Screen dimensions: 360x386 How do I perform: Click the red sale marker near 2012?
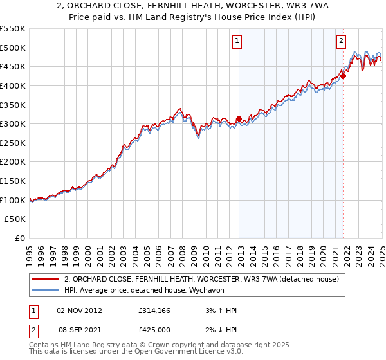click(x=239, y=118)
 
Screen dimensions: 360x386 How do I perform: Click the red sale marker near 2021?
click(x=343, y=76)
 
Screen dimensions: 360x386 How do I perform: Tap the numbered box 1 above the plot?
click(x=237, y=41)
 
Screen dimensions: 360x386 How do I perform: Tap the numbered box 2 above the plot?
click(x=340, y=41)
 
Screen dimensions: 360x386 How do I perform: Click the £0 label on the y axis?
click(x=21, y=239)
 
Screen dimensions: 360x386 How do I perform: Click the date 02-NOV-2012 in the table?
click(x=79, y=310)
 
